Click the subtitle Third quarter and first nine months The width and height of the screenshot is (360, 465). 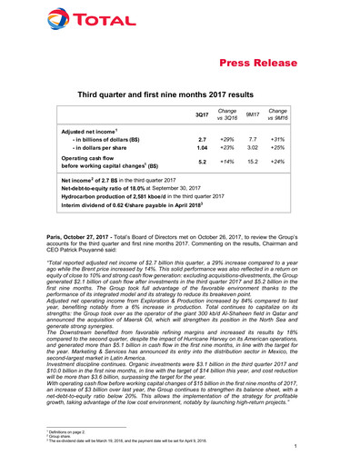181,94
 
